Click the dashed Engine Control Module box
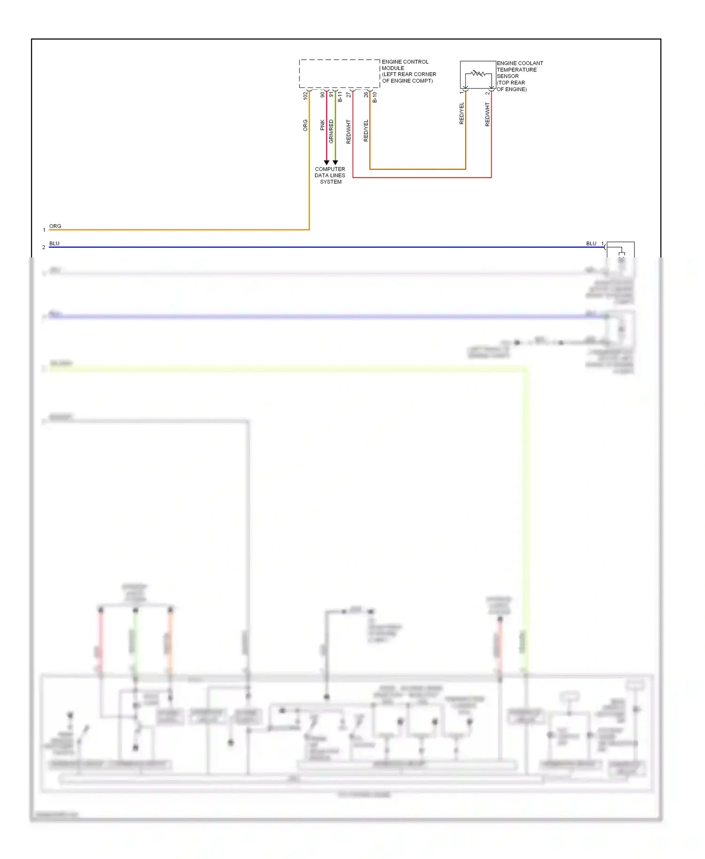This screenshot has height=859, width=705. pyautogui.click(x=339, y=73)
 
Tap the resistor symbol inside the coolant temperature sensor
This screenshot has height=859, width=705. pyautogui.click(x=478, y=73)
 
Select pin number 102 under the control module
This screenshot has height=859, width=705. pyautogui.click(x=305, y=95)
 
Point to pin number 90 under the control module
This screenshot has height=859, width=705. pyautogui.click(x=322, y=95)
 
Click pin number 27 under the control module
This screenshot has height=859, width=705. pyautogui.click(x=349, y=95)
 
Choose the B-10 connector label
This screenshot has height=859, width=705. pyautogui.click(x=375, y=97)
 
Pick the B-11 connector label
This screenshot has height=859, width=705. pyautogui.click(x=340, y=97)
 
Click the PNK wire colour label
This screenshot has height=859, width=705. pyautogui.click(x=322, y=125)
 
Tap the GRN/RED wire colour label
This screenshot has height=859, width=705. pyautogui.click(x=331, y=132)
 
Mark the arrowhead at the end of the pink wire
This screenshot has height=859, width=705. pyautogui.click(x=327, y=163)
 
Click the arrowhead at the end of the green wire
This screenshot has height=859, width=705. pyautogui.click(x=335, y=163)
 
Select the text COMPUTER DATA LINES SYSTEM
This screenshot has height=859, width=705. pyautogui.click(x=330, y=175)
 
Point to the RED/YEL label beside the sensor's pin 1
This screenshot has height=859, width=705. pyautogui.click(x=462, y=113)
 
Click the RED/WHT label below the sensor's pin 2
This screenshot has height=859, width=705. pyautogui.click(x=487, y=115)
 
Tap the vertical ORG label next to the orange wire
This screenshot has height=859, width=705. pyautogui.click(x=305, y=125)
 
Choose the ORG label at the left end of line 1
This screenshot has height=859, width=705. pyautogui.click(x=55, y=226)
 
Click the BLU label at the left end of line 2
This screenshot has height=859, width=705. pyautogui.click(x=55, y=243)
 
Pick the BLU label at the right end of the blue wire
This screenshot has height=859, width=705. pyautogui.click(x=591, y=243)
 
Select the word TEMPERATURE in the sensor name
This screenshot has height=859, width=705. pyautogui.click(x=517, y=70)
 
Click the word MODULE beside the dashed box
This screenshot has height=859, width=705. pyautogui.click(x=393, y=68)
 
